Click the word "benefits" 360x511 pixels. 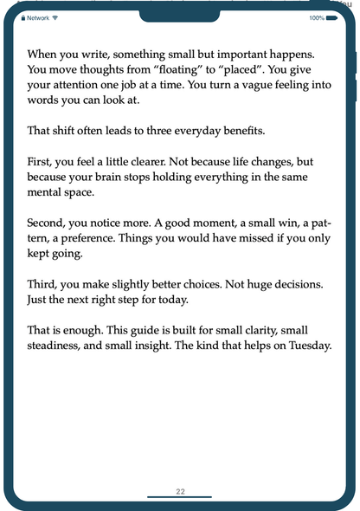(237, 131)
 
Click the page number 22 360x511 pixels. (180, 491)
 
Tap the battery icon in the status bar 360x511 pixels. (332, 17)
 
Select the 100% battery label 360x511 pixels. (316, 17)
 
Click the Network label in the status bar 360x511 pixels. (37, 17)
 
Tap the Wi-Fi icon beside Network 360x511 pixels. (55, 17)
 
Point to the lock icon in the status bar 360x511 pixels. (23, 17)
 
